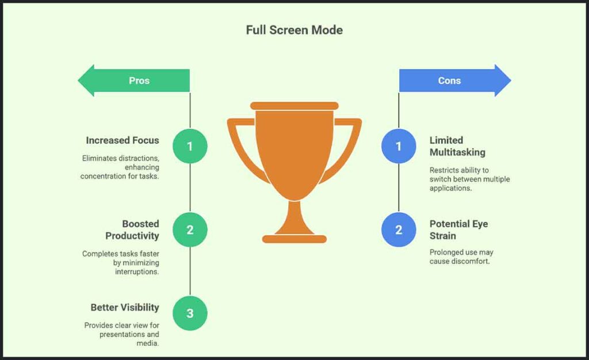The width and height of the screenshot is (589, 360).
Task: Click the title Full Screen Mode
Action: point(294,30)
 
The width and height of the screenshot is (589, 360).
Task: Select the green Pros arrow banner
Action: point(138,81)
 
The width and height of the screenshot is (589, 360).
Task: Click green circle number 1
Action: point(190,146)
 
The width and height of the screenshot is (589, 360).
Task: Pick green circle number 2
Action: point(190,230)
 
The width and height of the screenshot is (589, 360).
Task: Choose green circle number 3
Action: point(190,313)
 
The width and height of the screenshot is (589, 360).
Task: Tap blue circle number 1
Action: point(399,146)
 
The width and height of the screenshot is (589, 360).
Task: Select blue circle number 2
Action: point(399,230)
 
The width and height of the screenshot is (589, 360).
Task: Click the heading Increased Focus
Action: point(123,140)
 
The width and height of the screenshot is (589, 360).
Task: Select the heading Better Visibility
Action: point(125,307)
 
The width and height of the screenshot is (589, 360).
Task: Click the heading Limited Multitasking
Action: point(457,146)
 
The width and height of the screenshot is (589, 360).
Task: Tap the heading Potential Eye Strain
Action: point(458,229)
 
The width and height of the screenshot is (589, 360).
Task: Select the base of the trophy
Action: point(294,239)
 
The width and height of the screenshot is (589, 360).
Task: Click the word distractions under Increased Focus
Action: point(137,157)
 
